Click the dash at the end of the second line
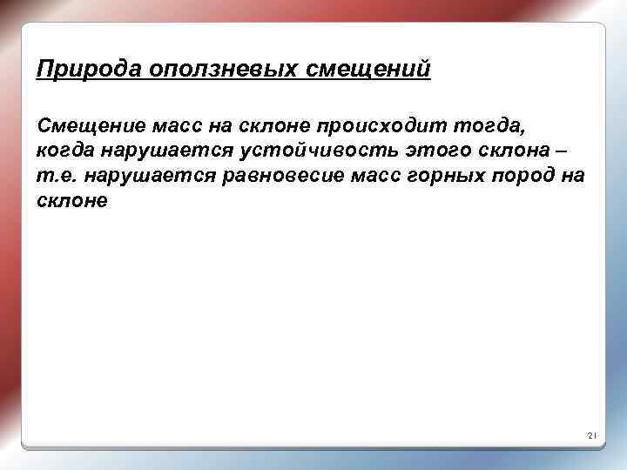coord(534,151)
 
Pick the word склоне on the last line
coord(71,200)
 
